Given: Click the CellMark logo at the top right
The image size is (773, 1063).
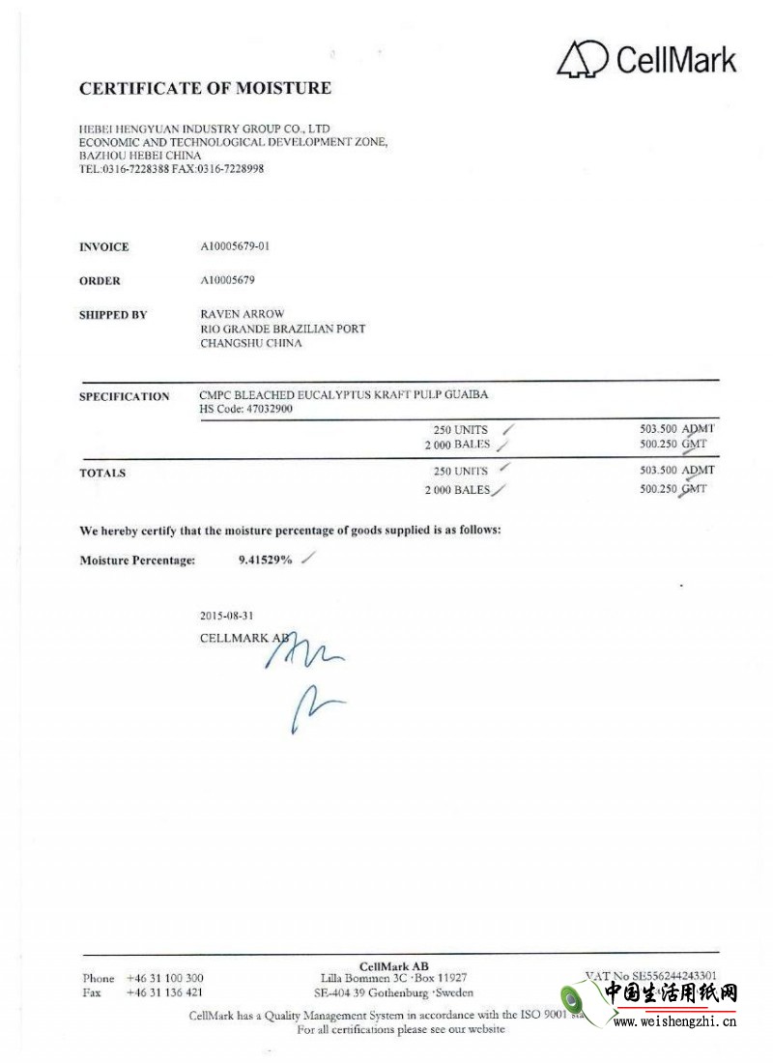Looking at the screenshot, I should pyautogui.click(x=646, y=59).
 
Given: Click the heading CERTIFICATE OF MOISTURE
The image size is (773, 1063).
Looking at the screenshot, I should pyautogui.click(x=205, y=88).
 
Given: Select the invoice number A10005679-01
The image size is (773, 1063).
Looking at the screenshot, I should pyautogui.click(x=234, y=246).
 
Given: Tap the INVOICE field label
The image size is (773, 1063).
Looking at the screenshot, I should pyautogui.click(x=103, y=247).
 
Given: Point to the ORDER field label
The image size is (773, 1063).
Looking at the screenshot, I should pyautogui.click(x=100, y=281).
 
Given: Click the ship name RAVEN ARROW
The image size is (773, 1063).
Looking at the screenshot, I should pyautogui.click(x=241, y=315).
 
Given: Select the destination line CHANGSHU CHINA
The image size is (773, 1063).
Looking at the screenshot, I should pyautogui.click(x=250, y=343).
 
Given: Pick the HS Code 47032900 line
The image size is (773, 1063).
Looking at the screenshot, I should pyautogui.click(x=245, y=409).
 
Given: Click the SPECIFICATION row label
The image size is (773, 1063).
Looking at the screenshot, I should pyautogui.click(x=124, y=396).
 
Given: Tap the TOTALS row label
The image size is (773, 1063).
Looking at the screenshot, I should pyautogui.click(x=102, y=474).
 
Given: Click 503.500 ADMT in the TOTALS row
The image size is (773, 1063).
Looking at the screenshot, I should pyautogui.click(x=676, y=470).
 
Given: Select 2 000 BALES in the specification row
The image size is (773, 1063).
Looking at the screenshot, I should pyautogui.click(x=457, y=445).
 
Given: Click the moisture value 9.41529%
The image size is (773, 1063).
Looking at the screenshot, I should pyautogui.click(x=265, y=560).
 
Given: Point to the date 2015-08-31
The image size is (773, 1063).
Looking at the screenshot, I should pyautogui.click(x=227, y=615).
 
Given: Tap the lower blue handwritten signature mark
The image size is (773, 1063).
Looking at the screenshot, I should pyautogui.click(x=311, y=706).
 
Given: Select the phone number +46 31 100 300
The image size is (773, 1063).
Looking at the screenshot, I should pyautogui.click(x=164, y=978).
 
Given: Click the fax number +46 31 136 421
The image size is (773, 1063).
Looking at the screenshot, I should pyautogui.click(x=164, y=992).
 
